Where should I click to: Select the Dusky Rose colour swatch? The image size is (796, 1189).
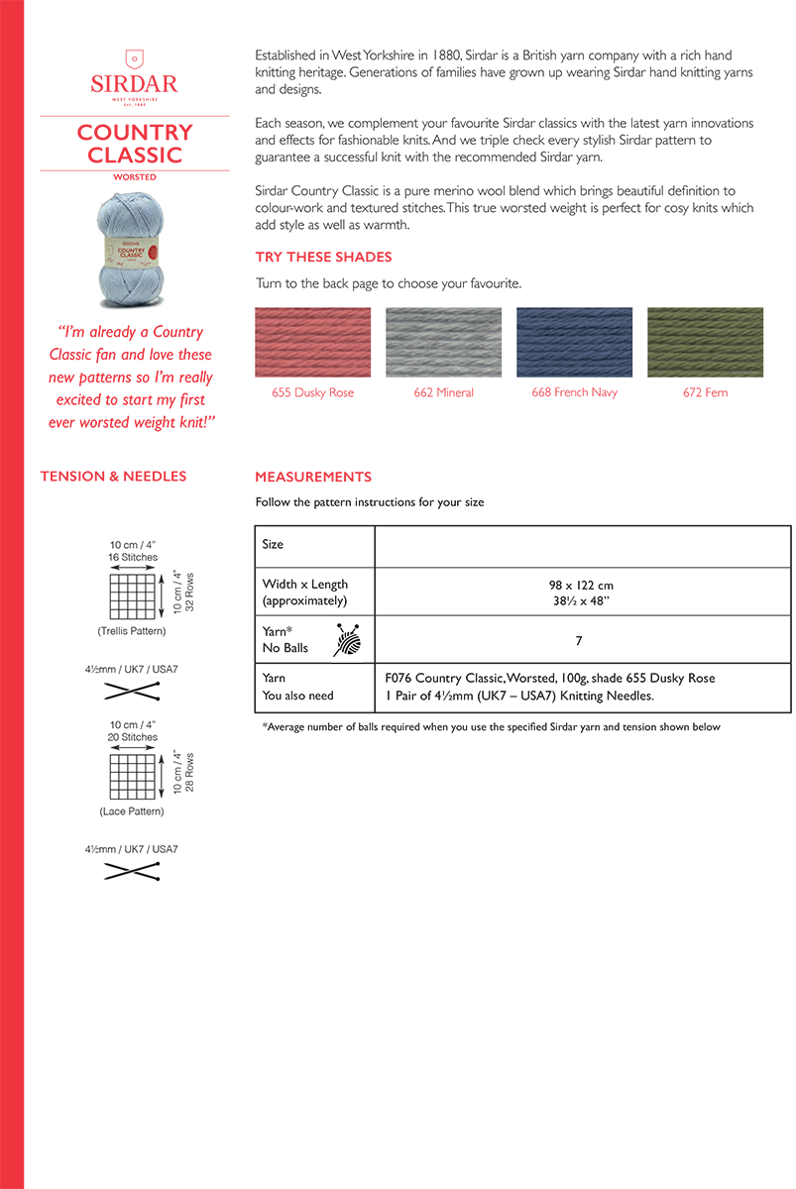312,342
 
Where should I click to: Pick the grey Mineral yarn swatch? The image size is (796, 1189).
443,342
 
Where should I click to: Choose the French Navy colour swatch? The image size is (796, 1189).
574,342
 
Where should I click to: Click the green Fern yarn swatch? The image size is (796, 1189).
705,342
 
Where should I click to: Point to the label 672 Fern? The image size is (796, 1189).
705,392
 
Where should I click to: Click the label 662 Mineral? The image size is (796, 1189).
443,392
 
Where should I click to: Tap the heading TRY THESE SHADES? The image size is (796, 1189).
323,257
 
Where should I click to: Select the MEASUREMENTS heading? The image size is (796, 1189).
313,477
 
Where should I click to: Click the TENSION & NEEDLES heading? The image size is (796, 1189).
113,477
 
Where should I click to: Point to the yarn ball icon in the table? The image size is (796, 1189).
347,640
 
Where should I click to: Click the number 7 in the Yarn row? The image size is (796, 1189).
579,641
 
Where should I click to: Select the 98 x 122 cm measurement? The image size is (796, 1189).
579,586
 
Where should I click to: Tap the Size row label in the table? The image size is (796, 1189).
273,544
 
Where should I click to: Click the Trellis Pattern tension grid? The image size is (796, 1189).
134,597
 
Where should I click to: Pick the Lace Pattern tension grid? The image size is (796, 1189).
134,778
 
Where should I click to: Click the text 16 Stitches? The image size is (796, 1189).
133,558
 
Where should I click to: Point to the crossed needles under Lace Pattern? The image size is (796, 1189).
132,871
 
